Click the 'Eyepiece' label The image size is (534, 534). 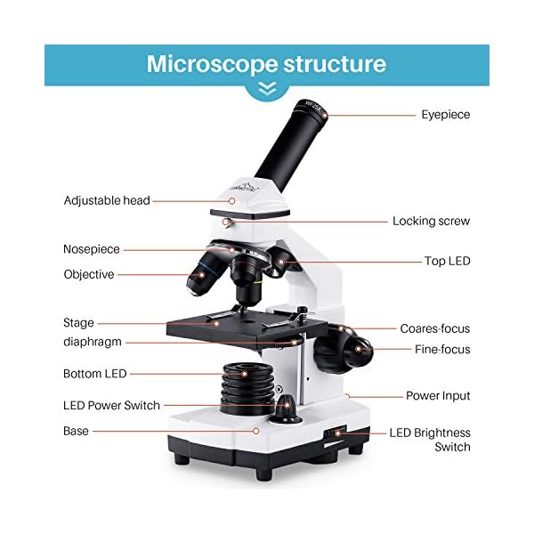click(x=445, y=115)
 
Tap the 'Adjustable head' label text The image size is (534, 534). click(x=107, y=200)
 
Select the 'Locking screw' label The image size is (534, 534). click(x=431, y=221)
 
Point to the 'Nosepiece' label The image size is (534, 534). click(x=91, y=249)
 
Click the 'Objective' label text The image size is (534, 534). click(x=89, y=274)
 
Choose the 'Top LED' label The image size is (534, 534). click(x=447, y=262)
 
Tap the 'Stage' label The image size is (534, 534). click(x=78, y=323)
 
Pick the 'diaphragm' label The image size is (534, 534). click(x=93, y=341)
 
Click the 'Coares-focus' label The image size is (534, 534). click(x=434, y=328)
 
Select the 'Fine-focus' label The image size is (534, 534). click(x=442, y=350)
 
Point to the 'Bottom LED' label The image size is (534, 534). click(x=95, y=373)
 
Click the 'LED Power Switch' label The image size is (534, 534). click(x=111, y=405)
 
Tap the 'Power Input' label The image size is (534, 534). click(x=438, y=395)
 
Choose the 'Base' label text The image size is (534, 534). click(x=76, y=431)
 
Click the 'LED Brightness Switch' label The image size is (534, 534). click(x=430, y=440)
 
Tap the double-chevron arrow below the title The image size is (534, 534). click(x=267, y=89)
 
